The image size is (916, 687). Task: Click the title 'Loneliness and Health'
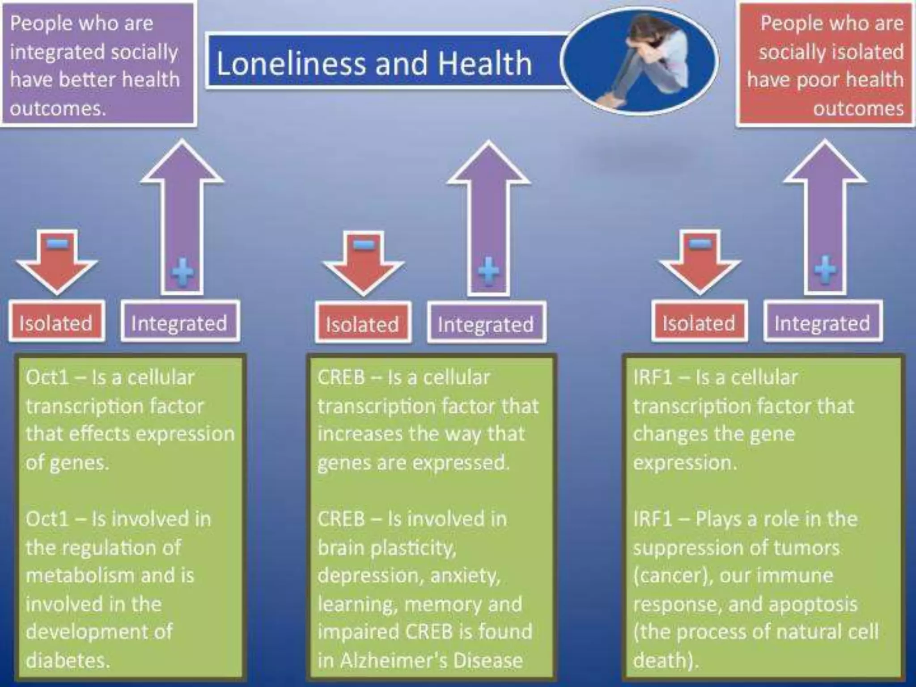coord(374,63)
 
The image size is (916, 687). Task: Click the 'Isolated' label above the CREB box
coord(362,324)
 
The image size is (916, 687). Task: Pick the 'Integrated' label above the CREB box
coord(486,324)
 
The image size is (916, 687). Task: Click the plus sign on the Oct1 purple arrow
coord(183,271)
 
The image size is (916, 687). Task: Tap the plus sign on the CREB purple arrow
coord(488,271)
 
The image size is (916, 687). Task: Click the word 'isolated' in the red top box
coord(863,52)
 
